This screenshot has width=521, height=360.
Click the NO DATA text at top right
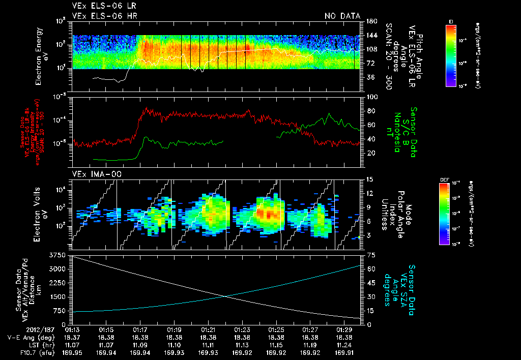tap(342, 16)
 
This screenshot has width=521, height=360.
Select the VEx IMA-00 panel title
tap(92, 174)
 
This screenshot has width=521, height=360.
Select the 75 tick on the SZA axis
tap(366, 255)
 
